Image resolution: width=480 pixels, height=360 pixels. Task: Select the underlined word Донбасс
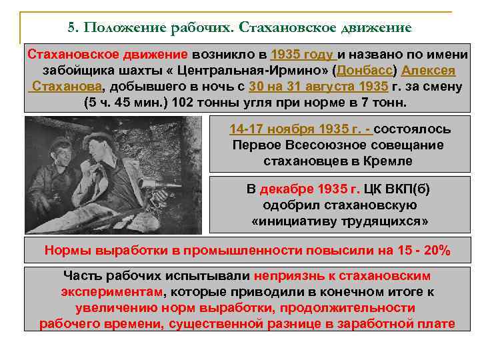[369, 71]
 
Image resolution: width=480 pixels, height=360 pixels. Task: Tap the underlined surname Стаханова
[67, 87]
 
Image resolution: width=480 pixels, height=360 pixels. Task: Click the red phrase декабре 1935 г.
[300, 189]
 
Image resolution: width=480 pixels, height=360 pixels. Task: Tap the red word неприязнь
[288, 275]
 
